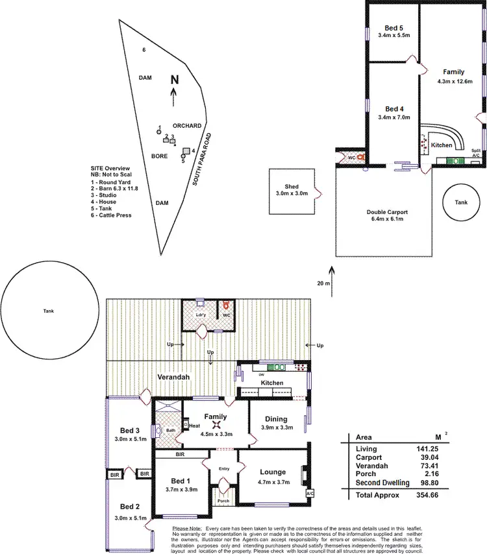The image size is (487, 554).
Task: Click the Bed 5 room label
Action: coord(393,28)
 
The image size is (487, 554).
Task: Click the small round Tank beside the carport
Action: coord(460,203)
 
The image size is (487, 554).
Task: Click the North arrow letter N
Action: coord(174,80)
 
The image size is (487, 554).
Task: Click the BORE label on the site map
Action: coord(160,156)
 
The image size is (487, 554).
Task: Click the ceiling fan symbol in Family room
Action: coord(215,426)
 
